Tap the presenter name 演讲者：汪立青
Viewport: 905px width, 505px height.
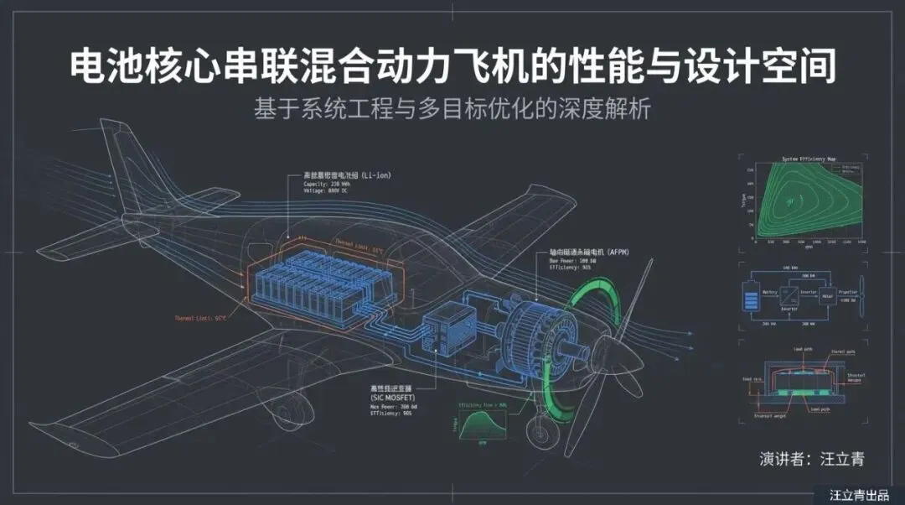(x=811, y=459)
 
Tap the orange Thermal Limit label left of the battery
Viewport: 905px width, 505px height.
(x=200, y=319)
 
